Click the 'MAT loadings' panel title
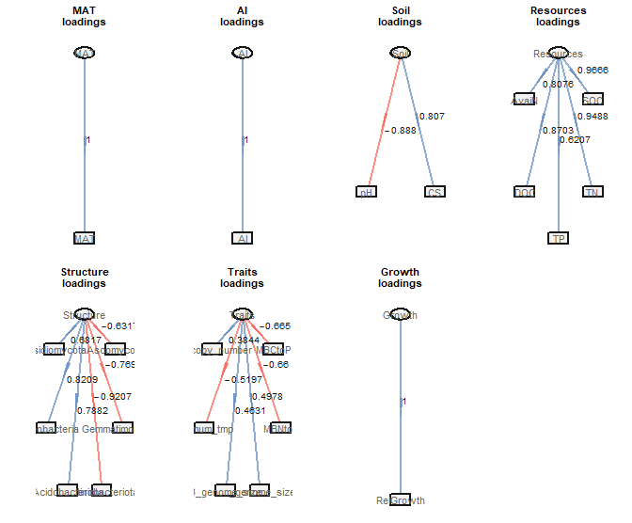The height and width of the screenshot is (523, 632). (85, 16)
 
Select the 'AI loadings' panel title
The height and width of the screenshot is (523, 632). (243, 16)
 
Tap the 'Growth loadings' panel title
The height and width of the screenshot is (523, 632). (400, 277)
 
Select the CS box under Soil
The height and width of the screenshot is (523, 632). (434, 192)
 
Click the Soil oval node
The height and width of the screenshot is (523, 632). (401, 54)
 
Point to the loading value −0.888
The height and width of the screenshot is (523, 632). (401, 131)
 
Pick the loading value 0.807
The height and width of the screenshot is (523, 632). (431, 117)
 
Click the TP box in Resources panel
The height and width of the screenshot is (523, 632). (559, 238)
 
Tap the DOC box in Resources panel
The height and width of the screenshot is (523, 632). (525, 192)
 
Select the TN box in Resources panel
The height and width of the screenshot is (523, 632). (592, 192)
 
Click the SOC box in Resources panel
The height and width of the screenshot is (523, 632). (592, 100)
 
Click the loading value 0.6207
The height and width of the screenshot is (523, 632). (575, 140)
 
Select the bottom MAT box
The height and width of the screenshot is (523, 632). (85, 238)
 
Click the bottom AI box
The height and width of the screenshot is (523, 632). (243, 238)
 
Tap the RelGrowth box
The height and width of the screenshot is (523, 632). (400, 499)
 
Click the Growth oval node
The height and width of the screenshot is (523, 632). (401, 315)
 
